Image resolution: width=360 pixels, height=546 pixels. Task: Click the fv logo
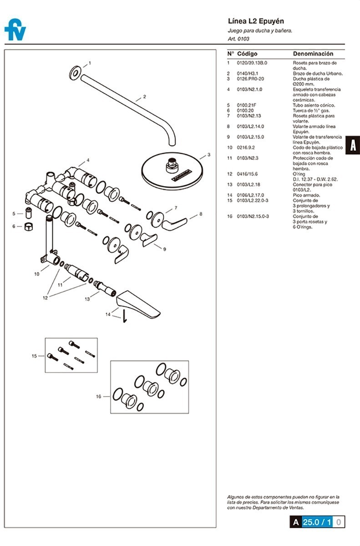15,30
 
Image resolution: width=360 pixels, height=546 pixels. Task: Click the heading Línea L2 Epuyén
255,21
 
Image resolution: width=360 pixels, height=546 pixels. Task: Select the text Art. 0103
238,39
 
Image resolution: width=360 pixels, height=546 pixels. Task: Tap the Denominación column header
313,54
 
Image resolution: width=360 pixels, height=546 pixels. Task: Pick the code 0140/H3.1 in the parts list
247,73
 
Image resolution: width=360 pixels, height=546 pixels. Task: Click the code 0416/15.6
247,174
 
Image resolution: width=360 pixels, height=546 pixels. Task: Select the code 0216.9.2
246,148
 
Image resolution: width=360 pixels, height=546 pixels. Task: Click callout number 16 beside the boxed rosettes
98,396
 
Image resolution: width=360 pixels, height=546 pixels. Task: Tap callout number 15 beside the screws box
34,356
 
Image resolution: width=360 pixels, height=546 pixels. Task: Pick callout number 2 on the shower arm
144,96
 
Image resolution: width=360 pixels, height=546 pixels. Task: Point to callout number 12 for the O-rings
45,298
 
